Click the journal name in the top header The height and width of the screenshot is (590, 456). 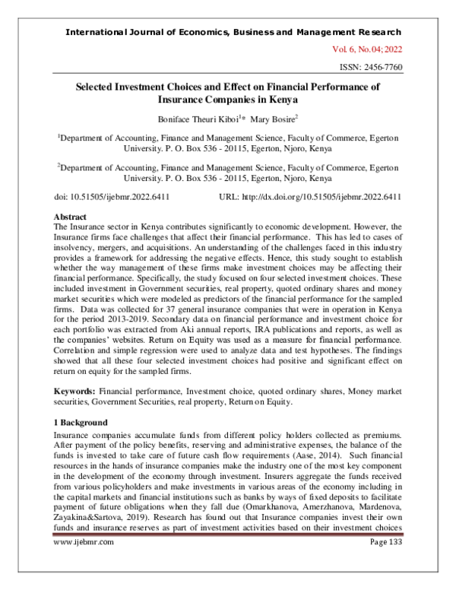coord(233,32)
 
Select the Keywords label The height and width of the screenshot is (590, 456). coord(74,389)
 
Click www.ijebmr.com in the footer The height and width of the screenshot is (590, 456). coord(84,563)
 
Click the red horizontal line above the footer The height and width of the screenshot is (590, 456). coord(228,555)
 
